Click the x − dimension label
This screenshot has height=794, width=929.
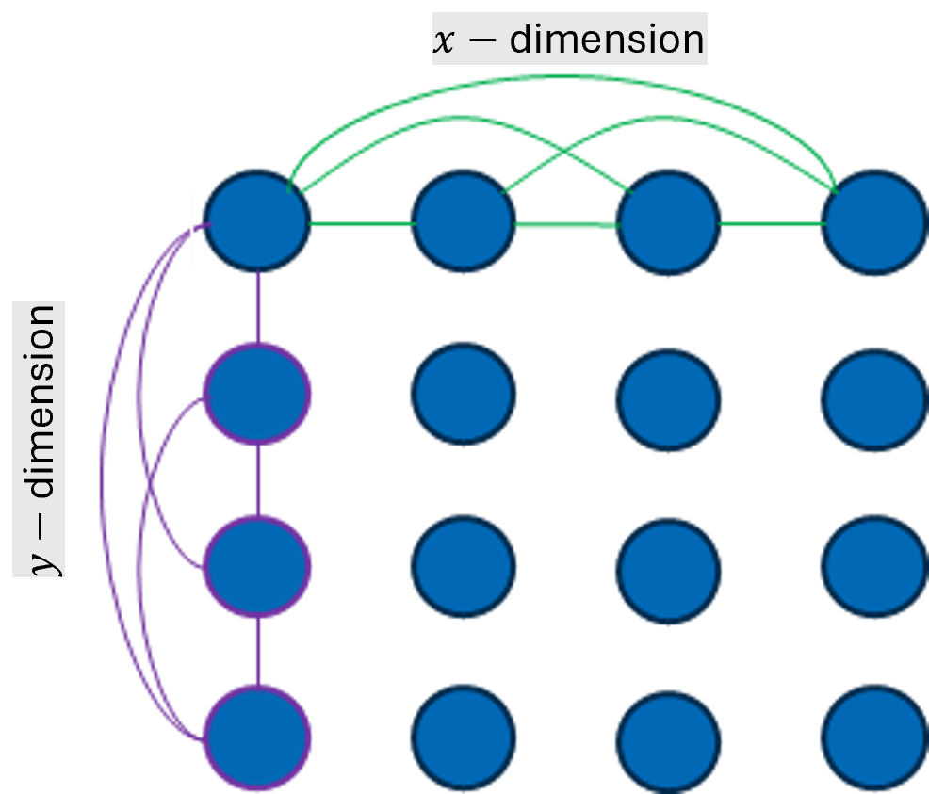[568, 40]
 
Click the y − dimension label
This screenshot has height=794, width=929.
[40, 439]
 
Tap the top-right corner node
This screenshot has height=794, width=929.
[873, 224]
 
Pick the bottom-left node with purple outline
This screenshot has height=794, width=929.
[256, 737]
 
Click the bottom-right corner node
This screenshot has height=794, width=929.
[873, 737]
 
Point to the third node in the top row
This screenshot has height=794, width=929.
[668, 224]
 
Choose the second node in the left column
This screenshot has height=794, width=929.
[256, 395]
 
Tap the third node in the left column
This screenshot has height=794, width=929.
[256, 566]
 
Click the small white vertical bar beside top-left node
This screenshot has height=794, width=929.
[193, 229]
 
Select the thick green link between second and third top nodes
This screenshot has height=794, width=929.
[566, 226]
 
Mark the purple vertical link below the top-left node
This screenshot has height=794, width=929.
[256, 307]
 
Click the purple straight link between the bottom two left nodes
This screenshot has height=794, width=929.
[256, 652]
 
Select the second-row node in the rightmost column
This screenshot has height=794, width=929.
[873, 395]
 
